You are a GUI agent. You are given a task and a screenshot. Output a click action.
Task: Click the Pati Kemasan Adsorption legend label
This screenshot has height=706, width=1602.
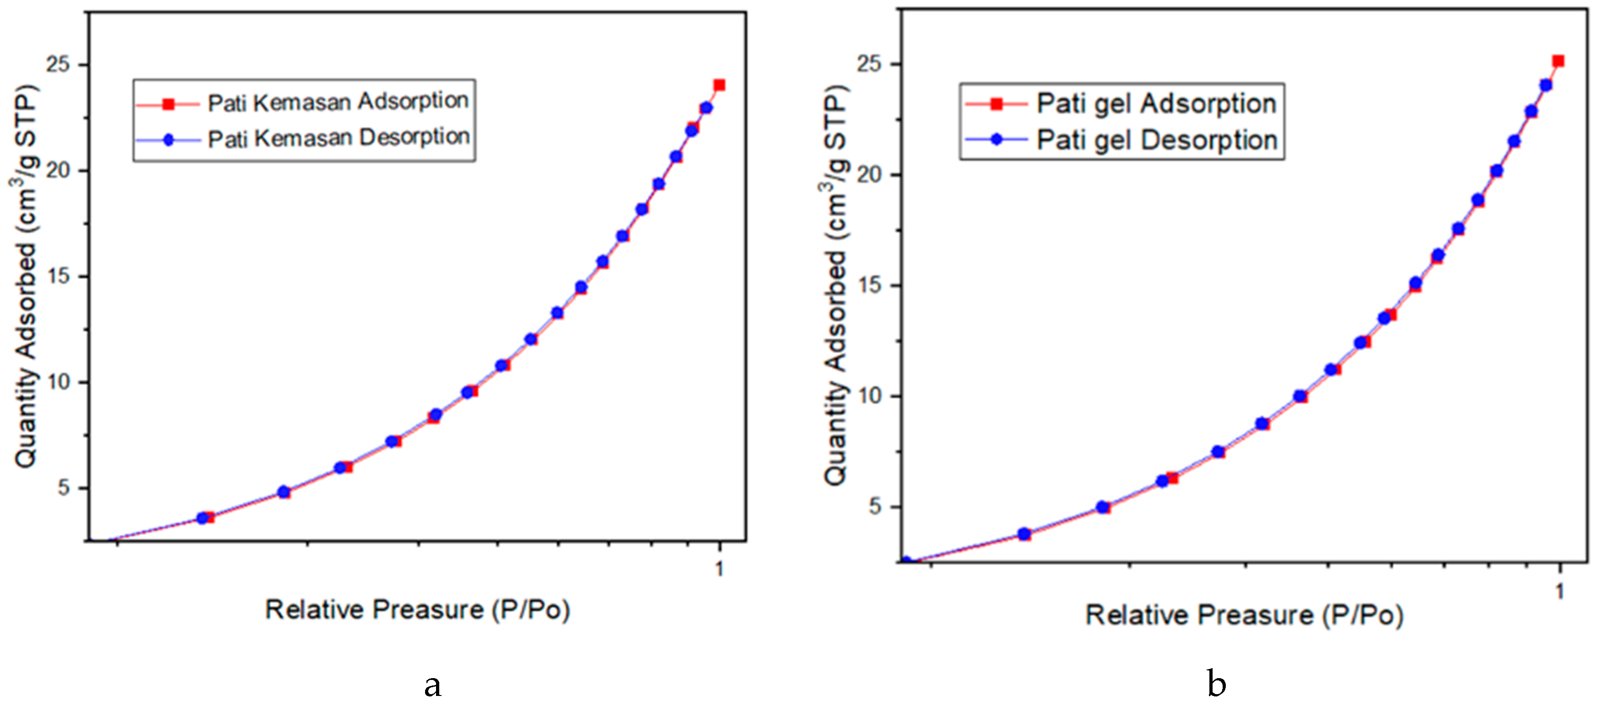pos(338,102)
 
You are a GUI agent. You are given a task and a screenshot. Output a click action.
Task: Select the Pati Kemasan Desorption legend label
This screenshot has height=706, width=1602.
pos(339,138)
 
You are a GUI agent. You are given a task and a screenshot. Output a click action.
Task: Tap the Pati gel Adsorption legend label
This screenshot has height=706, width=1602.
pos(1156,103)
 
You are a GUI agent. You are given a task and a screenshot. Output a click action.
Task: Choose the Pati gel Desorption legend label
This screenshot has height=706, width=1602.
pos(1157,140)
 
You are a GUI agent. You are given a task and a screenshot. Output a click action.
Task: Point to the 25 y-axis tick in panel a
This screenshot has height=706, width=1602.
pos(58,65)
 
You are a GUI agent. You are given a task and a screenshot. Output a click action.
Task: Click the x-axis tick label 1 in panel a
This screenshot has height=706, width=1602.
pos(719,568)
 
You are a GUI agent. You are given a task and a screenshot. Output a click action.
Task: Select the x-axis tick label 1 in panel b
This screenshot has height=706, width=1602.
pos(1559,591)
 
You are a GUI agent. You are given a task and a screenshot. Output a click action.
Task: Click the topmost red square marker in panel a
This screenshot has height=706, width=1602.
pos(719,85)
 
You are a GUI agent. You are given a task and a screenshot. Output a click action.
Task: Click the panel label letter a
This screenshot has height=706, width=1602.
pos(433,685)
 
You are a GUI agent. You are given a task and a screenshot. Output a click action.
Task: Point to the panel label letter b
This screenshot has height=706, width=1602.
pos(1216,683)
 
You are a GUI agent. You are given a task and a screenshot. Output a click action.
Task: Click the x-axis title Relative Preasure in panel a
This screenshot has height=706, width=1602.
pos(417,610)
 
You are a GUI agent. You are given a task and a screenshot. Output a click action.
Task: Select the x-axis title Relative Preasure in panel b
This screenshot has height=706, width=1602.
pos(1244,615)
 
